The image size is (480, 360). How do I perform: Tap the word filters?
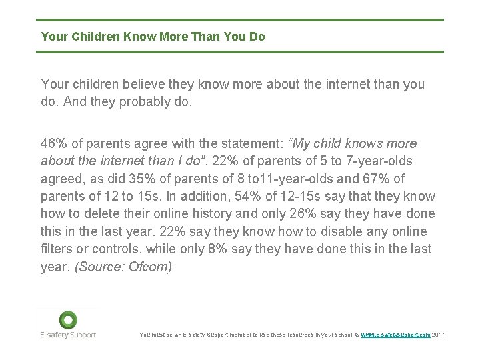click(57, 249)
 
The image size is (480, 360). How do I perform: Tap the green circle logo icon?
click(68, 320)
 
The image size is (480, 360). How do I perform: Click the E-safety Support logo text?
click(68, 335)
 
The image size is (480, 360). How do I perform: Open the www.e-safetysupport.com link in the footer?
click(395, 335)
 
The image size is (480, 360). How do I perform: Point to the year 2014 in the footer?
click(440, 335)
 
